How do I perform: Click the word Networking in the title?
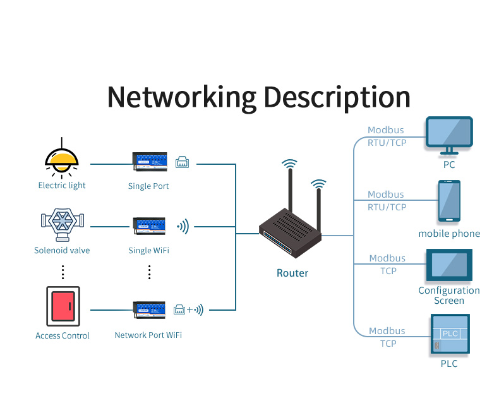[x=181, y=97]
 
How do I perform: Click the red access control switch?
[x=63, y=307]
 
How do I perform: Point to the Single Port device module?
[x=150, y=162]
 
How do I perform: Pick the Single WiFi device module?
[x=150, y=226]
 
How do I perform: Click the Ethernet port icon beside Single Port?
[x=182, y=162]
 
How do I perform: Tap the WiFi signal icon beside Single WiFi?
[x=183, y=226]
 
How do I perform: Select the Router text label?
[x=292, y=273]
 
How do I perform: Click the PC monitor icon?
[x=449, y=134]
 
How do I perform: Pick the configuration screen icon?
[x=449, y=265]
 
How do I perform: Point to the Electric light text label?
[x=62, y=186]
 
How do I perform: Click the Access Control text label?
[x=63, y=336]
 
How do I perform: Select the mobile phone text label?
[x=449, y=234]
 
